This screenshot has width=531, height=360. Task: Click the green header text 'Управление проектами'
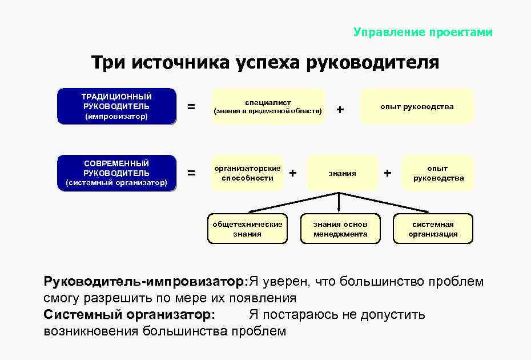click(423, 33)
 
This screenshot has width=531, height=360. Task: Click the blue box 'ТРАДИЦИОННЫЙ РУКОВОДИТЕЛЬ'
click(116, 106)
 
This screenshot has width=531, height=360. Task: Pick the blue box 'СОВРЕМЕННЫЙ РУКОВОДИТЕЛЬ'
click(116, 173)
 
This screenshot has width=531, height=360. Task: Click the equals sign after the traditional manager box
click(191, 107)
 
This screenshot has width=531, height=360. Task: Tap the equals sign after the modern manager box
click(191, 173)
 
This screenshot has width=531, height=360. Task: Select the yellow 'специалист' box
click(267, 106)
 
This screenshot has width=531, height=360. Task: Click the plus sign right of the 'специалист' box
click(340, 109)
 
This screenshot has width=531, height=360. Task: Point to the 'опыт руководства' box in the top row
click(417, 106)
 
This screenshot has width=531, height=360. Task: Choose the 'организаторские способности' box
click(247, 173)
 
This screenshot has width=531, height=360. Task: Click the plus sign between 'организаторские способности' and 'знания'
click(293, 172)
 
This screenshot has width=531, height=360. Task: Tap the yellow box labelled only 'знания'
click(342, 173)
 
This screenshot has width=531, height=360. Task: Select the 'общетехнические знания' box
click(247, 229)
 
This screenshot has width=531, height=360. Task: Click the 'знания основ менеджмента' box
click(340, 229)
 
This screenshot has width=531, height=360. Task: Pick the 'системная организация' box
click(433, 229)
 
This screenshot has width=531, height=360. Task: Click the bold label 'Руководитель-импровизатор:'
click(146, 282)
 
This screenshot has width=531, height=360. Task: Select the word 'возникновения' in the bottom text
click(91, 331)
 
